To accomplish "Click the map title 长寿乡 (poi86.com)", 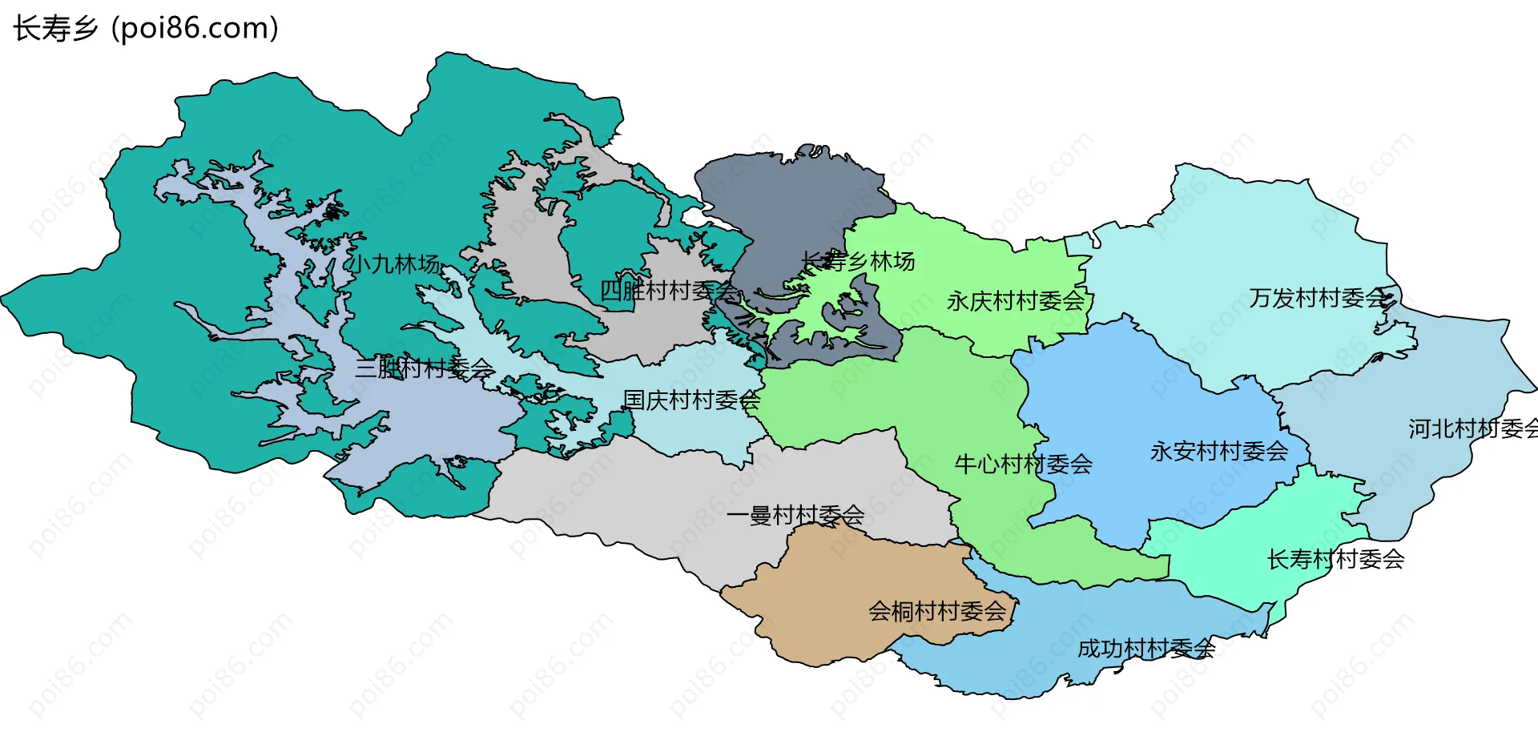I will [x=146, y=28].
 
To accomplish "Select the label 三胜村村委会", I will [x=425, y=368].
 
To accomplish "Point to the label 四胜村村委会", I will [x=669, y=291].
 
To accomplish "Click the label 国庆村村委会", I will [x=691, y=400].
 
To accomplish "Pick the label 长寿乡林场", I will [x=858, y=261].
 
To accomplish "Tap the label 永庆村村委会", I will [x=1015, y=301].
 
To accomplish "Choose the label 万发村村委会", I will [x=1318, y=298].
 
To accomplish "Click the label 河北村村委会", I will [x=1472, y=428].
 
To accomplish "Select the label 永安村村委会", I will [x=1218, y=451].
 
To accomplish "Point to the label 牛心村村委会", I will [x=1023, y=464].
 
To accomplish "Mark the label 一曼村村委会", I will [x=795, y=515].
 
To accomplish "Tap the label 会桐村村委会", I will [x=937, y=611].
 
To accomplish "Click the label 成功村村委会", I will [x=1145, y=648].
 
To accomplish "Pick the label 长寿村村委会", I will [x=1335, y=559].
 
